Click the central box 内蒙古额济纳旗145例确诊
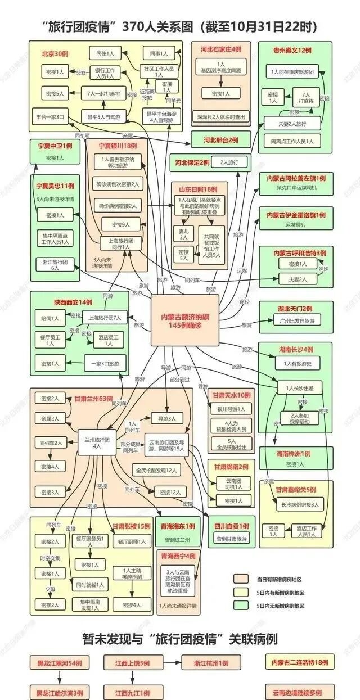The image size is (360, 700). click(x=185, y=320)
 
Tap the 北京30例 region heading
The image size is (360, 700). click(x=55, y=54)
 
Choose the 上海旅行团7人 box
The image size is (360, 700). click(x=105, y=318)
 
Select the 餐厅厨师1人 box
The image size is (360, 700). click(x=132, y=541)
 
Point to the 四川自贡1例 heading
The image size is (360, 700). click(x=231, y=526)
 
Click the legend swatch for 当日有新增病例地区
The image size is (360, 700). click(x=241, y=579)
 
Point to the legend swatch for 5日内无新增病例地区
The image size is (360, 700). click(x=241, y=606)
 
